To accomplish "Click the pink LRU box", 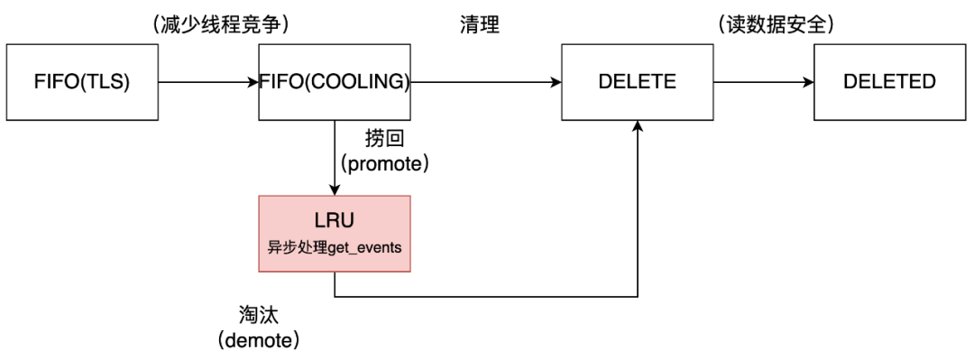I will click(x=335, y=232).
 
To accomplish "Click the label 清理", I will click(x=478, y=25).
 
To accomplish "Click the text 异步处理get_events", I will click(x=335, y=246).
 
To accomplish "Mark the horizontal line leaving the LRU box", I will click(x=487, y=295).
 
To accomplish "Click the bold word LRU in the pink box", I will click(x=335, y=220).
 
